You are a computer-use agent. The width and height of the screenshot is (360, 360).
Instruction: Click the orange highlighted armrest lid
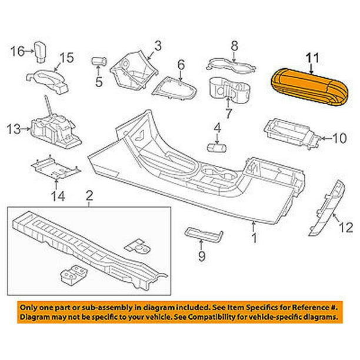[x=309, y=87]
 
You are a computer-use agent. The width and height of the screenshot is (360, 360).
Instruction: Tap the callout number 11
[x=312, y=58]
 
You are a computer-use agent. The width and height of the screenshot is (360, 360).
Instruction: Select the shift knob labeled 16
[x=40, y=52]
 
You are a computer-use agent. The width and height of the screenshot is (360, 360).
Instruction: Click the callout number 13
[x=14, y=129]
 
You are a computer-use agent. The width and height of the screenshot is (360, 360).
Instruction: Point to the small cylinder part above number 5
[x=99, y=62]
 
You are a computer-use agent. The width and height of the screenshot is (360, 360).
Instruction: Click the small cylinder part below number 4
[x=216, y=148]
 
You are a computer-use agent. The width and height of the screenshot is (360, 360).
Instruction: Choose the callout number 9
[x=202, y=256]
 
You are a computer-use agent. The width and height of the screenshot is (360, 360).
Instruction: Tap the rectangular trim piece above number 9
[x=204, y=235]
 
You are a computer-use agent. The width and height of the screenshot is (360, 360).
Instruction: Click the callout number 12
[x=346, y=228]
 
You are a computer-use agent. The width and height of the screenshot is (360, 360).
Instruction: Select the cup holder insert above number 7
[x=229, y=89]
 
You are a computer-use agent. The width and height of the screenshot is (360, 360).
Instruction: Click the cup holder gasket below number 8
[x=231, y=65]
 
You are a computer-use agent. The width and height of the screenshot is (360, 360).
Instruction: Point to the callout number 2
[x=89, y=196]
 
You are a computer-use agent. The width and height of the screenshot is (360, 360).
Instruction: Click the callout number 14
[x=58, y=196]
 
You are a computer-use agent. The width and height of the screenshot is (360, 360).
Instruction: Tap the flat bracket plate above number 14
[x=56, y=168]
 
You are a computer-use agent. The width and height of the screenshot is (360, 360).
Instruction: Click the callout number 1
[x=254, y=238]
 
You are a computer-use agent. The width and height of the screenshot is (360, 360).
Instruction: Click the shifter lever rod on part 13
[x=49, y=105]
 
